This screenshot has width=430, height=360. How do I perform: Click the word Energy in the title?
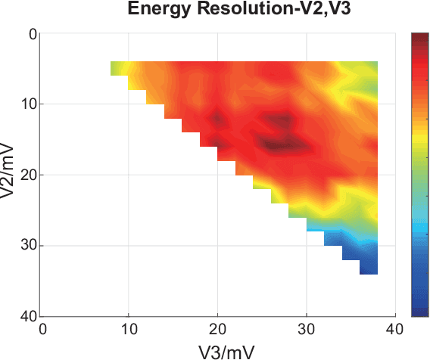click(x=156, y=10)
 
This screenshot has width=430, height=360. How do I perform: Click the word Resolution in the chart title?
click(x=227, y=10)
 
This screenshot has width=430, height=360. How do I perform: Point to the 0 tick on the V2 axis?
click(x=31, y=35)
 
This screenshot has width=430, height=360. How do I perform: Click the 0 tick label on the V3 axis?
click(x=42, y=329)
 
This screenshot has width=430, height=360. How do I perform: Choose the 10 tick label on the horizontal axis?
click(x=129, y=329)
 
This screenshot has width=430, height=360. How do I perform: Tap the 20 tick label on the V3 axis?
click(x=217, y=329)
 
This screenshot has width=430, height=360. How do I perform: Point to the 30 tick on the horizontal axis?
click(x=306, y=329)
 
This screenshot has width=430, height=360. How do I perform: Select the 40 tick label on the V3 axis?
click(x=394, y=329)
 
